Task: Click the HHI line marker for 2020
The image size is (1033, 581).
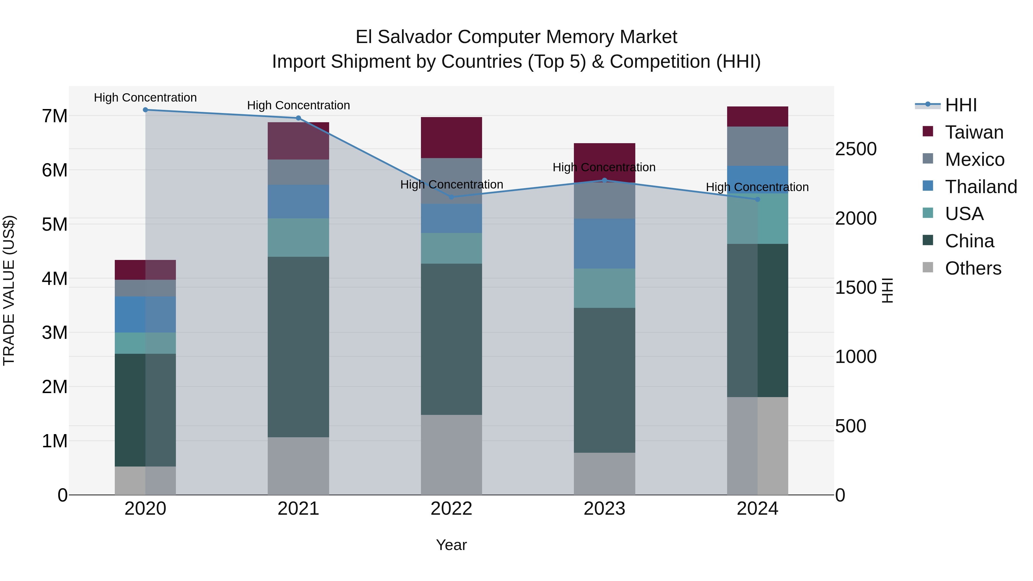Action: point(145,110)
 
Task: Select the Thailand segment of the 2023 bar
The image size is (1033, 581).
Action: point(604,244)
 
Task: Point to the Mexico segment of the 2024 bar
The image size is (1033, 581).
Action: point(757,146)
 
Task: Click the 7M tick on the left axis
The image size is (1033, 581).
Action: point(55,116)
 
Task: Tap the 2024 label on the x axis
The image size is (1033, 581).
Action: point(757,509)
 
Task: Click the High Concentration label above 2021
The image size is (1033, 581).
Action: point(298,106)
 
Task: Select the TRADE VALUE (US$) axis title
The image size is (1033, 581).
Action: point(9,290)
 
